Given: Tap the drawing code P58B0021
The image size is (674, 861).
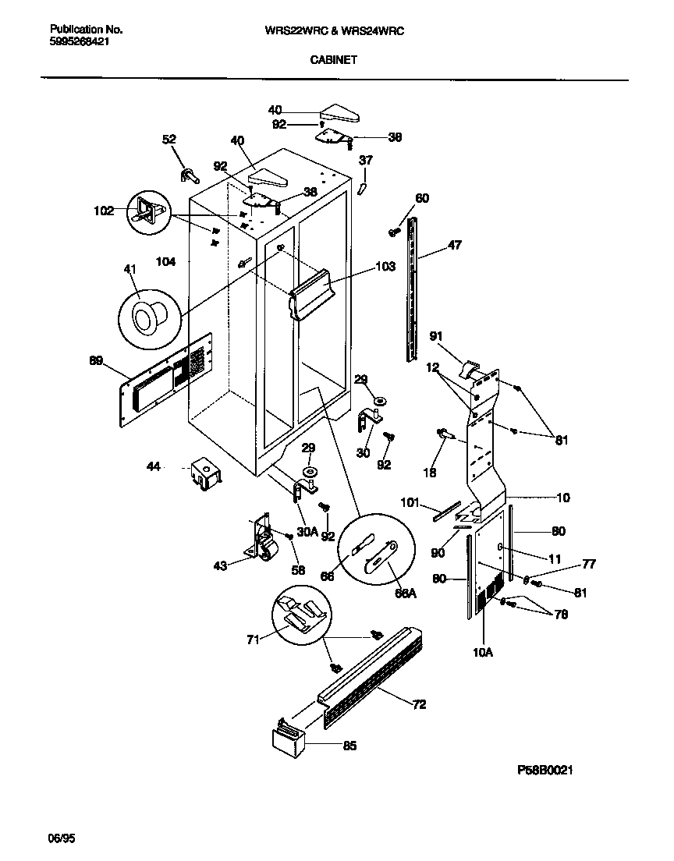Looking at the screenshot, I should tap(545, 770).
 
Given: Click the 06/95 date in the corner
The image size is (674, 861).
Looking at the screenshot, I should tap(62, 839).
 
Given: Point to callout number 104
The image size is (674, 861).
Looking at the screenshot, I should tap(165, 263).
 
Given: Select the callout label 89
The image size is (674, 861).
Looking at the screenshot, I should tap(96, 360).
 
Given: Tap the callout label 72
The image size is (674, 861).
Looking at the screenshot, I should tap(419, 704).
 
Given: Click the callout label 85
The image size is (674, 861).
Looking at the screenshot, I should tap(349, 746).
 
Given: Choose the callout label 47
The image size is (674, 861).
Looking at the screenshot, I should tap(454, 245).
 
